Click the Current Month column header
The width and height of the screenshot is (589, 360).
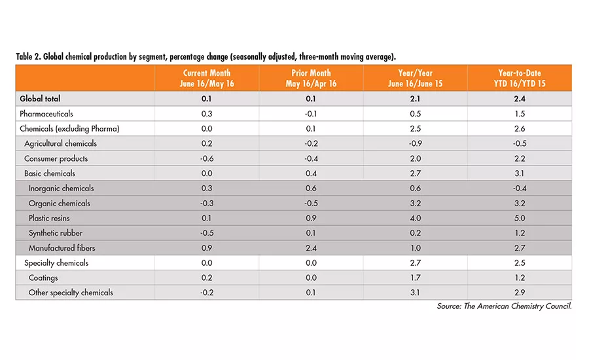point(207,78)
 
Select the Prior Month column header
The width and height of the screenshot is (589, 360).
point(311,78)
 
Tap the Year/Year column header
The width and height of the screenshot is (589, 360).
point(415,78)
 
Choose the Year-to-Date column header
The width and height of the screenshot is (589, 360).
point(519,78)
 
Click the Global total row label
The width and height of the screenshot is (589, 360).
point(41,99)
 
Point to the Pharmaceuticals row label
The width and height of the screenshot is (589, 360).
point(47,114)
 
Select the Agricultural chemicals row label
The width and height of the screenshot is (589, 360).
point(60,143)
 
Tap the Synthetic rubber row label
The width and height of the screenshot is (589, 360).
point(55,233)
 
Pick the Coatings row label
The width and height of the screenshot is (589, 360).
point(44,278)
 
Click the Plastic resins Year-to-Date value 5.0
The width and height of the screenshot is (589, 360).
point(519,218)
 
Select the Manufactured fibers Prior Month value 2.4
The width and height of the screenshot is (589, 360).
point(311,248)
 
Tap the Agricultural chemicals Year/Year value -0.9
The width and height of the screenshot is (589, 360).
point(415,143)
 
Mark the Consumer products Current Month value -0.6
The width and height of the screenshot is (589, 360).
point(207,158)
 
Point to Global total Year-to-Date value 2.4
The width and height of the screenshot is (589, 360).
point(519,99)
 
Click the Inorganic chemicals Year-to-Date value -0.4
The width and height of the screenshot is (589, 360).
point(519,189)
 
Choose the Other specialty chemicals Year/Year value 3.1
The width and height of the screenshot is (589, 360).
point(415,293)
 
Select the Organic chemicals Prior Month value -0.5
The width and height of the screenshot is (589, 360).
point(311,203)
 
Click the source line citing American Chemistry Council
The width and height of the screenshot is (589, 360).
point(504,306)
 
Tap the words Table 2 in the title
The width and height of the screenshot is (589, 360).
point(29,57)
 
